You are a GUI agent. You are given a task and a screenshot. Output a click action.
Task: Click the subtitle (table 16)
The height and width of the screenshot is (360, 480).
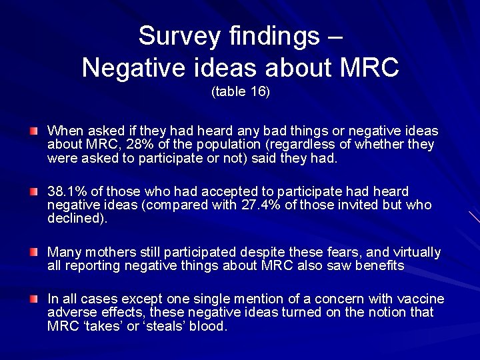(241, 92)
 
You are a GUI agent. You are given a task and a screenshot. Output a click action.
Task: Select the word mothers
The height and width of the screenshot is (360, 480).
(110, 252)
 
